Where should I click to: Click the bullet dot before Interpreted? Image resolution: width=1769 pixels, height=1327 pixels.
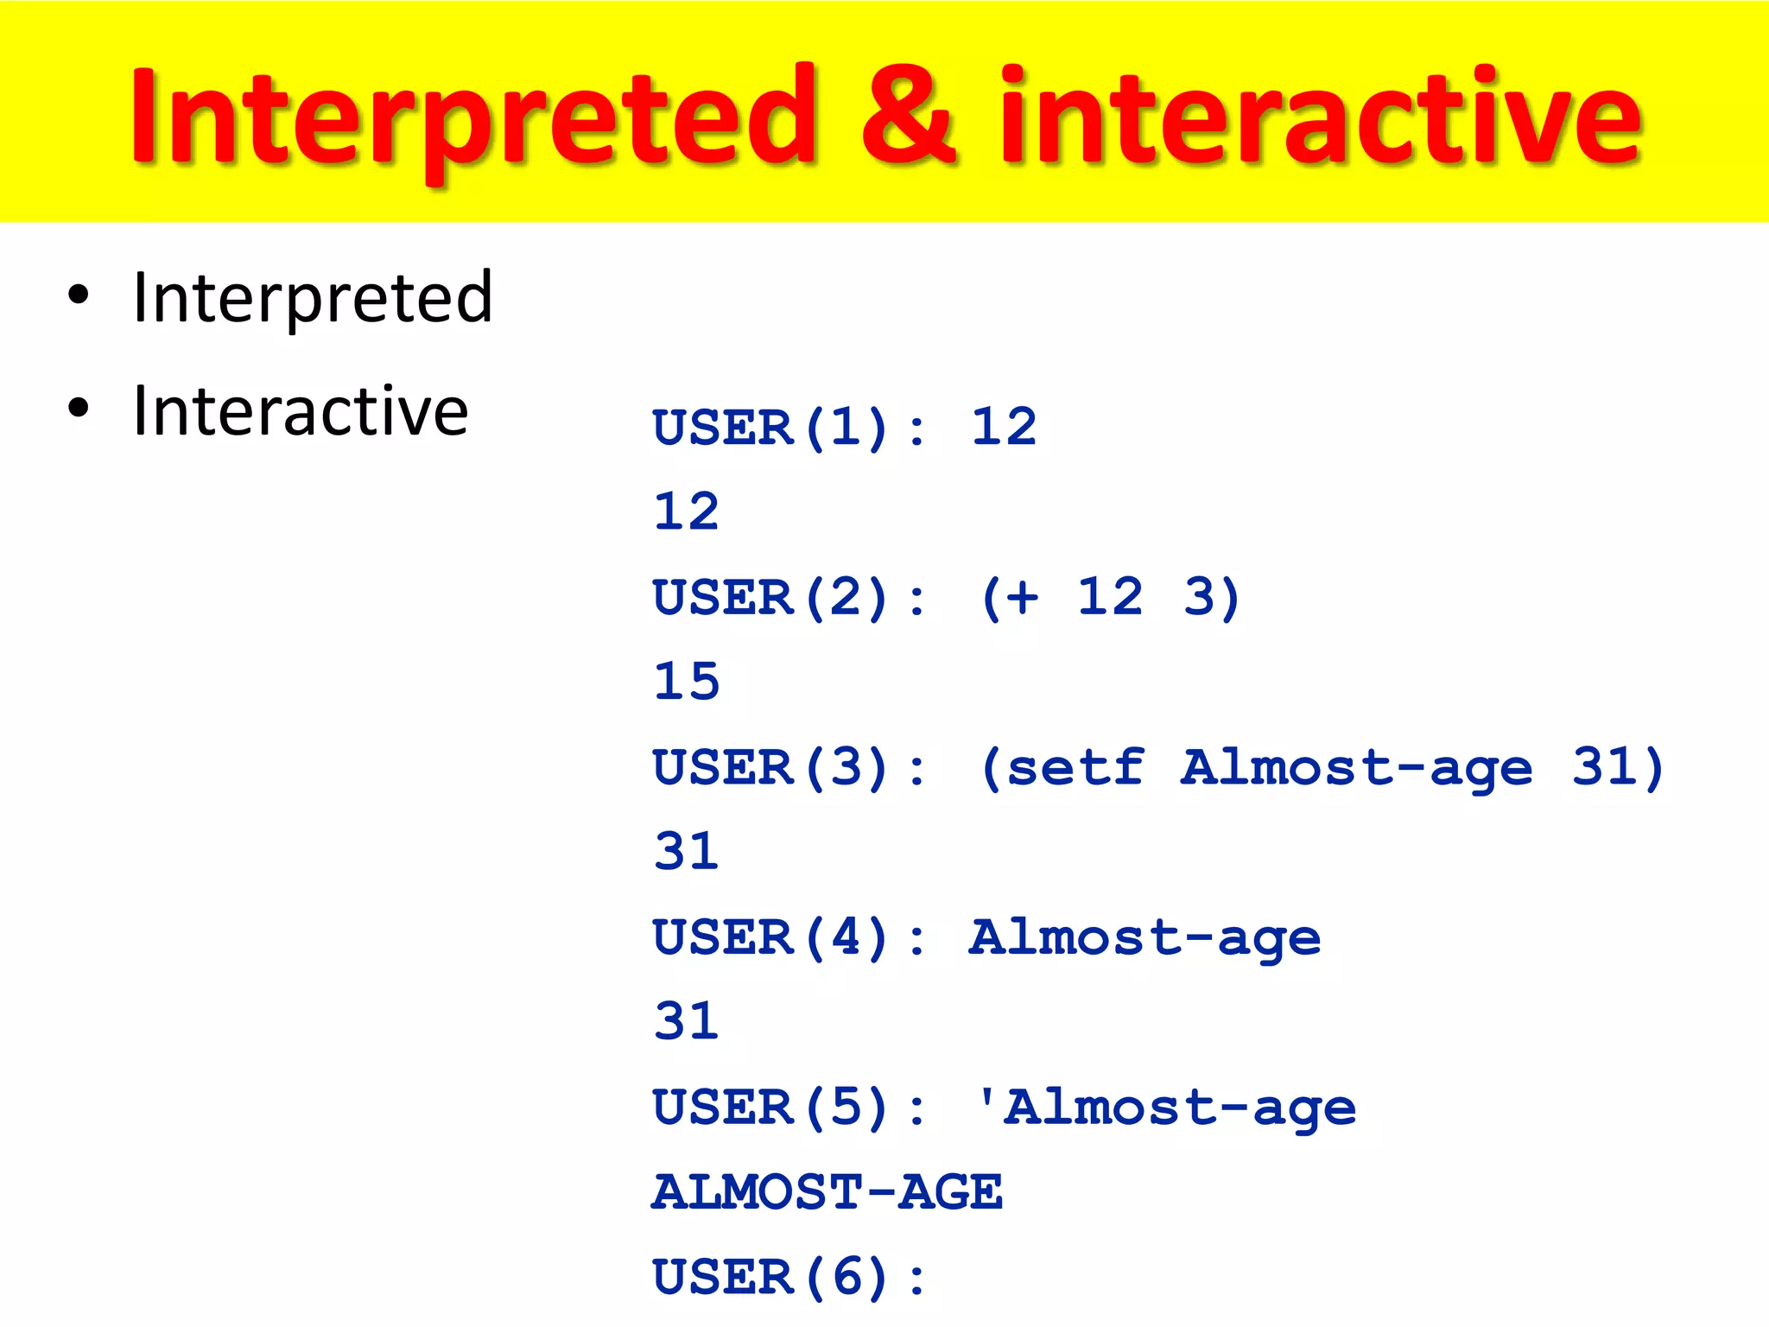click(79, 295)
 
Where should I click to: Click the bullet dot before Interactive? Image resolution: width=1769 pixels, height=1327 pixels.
click(79, 408)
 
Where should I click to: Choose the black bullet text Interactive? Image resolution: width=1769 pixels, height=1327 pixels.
click(301, 411)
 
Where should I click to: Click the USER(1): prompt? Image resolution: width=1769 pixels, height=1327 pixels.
click(789, 428)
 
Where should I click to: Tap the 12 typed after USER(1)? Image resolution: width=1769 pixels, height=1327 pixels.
click(1003, 427)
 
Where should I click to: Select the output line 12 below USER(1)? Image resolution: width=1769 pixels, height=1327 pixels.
click(687, 511)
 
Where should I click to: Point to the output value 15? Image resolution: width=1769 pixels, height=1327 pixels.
click(687, 682)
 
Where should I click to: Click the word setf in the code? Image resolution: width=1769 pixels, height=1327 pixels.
click(1076, 767)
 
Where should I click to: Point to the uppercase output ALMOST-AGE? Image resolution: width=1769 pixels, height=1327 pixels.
click(827, 1193)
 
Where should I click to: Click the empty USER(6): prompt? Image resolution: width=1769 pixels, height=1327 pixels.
click(789, 1278)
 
